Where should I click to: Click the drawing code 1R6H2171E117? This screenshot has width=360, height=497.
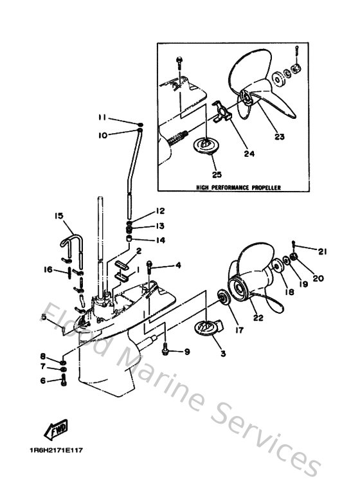(x=56, y=451)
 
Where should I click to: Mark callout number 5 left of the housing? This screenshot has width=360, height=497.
(x=43, y=316)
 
